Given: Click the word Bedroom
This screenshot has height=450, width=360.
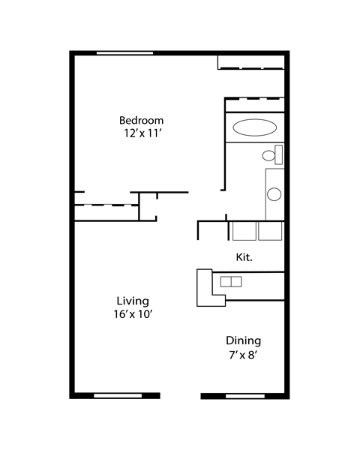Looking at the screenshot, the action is click(141, 120).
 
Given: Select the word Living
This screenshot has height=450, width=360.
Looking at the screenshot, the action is click(133, 301).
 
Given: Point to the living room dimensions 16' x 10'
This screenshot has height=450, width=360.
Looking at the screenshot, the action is click(133, 314).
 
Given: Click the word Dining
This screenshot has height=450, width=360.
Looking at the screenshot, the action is click(244, 341).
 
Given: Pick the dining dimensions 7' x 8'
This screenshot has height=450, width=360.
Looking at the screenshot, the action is click(242, 355).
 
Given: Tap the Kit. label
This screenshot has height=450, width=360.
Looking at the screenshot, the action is click(244, 257).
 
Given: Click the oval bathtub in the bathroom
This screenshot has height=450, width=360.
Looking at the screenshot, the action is click(255, 127).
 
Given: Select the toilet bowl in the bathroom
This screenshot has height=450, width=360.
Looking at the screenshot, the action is click(268, 155).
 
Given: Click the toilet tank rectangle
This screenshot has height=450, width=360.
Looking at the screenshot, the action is click(278, 154).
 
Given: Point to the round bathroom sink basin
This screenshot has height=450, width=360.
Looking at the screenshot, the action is click(274, 194).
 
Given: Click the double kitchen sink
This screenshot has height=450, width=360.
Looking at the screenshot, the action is click(231, 281).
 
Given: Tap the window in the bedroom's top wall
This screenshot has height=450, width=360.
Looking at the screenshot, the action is click(124, 53).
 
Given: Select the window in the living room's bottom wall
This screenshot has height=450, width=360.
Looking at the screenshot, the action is click(118, 396).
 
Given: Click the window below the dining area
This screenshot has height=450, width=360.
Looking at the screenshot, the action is click(245, 396).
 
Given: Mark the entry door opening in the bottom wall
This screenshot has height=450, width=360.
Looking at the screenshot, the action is click(180, 396).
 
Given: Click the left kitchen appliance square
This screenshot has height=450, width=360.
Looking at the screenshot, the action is click(244, 231).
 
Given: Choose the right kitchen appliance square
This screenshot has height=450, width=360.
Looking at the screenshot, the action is click(270, 231).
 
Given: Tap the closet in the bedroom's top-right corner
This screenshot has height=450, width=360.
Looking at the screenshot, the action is click(251, 62).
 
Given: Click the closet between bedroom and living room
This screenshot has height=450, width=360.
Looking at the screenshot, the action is click(106, 213).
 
